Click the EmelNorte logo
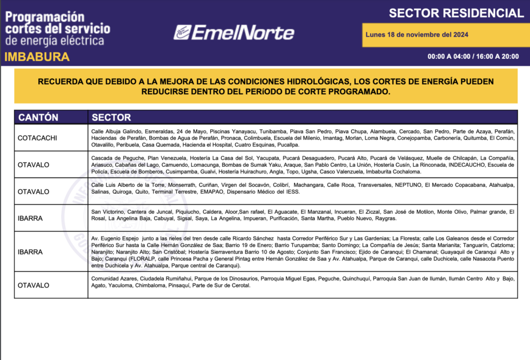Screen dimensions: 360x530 click(x=234, y=32)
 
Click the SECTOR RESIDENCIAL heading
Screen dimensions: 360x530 click(x=456, y=13)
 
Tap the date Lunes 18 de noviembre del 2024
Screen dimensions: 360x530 click(x=417, y=34)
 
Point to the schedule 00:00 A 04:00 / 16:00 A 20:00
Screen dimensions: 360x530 click(x=473, y=57)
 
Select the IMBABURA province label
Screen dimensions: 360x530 click(x=37, y=57)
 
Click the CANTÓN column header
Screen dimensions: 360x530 click(x=38, y=117)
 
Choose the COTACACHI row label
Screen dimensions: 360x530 click(x=37, y=138)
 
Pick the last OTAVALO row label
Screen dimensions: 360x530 click(x=33, y=285)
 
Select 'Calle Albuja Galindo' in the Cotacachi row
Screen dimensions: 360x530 click(x=117, y=131)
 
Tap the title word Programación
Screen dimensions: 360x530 click(x=45, y=17)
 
